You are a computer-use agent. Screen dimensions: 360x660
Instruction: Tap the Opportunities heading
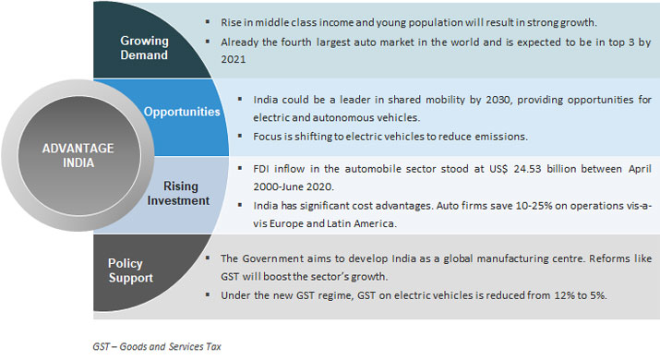coord(182,112)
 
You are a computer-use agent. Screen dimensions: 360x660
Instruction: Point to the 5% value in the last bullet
coord(596,294)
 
